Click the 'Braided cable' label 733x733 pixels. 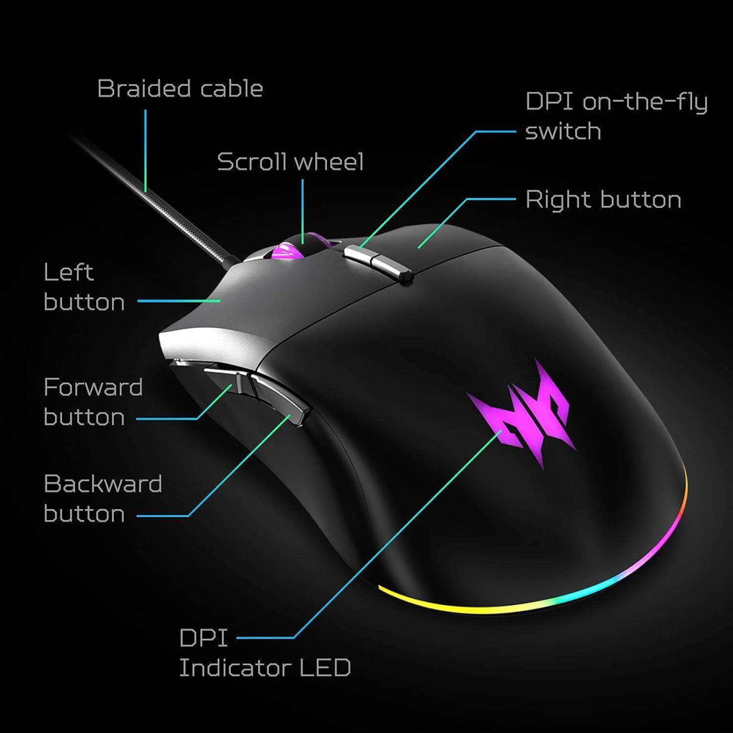[x=180, y=89]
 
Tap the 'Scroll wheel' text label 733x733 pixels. [x=290, y=162]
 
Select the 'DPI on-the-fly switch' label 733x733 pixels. [x=616, y=116]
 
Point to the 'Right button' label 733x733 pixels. [x=603, y=200]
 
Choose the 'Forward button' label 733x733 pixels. [x=93, y=402]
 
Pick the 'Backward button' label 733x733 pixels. [x=103, y=499]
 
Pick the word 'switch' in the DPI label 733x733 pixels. [x=563, y=131]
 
